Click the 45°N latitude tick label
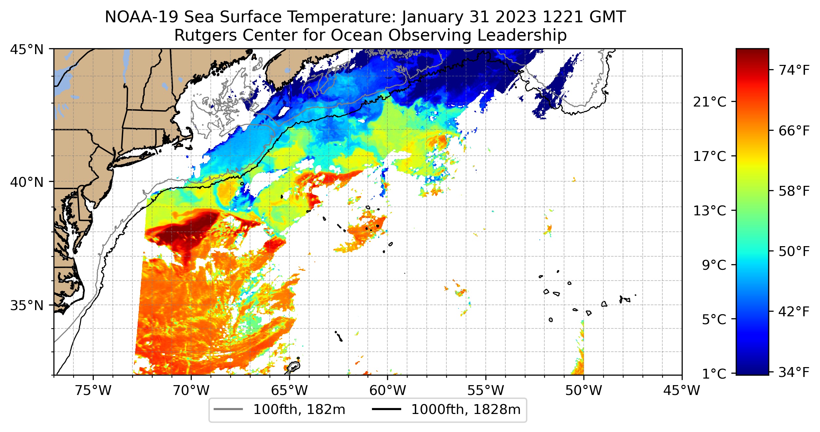(x=27, y=50)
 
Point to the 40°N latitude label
(x=27, y=182)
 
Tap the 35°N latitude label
(x=27, y=305)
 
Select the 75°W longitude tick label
(x=93, y=390)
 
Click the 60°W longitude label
(x=387, y=390)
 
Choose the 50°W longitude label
(x=584, y=390)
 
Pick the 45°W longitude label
(x=682, y=390)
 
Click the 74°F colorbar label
(x=794, y=70)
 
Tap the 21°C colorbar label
(x=709, y=102)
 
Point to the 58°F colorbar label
(x=794, y=191)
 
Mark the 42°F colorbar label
(x=794, y=312)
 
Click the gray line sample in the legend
(x=228, y=409)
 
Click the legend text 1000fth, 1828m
(x=466, y=410)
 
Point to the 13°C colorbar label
(x=709, y=211)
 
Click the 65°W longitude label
(x=289, y=390)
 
